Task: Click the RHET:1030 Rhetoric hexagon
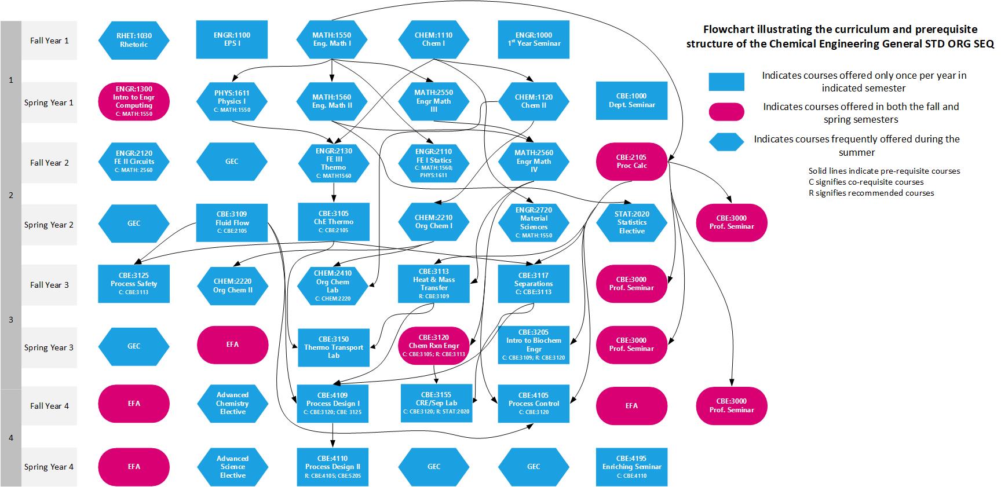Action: [x=134, y=40]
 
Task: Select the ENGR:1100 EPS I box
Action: [x=232, y=39]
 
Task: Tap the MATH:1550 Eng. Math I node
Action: [x=331, y=39]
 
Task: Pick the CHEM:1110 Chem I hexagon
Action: [x=433, y=39]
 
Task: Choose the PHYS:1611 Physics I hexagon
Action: [x=232, y=101]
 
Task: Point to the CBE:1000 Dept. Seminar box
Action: [x=631, y=101]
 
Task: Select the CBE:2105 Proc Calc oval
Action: [x=631, y=162]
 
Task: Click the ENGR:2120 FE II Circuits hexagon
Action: [x=134, y=162]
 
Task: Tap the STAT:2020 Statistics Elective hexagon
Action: [x=631, y=222]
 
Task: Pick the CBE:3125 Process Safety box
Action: [x=134, y=284]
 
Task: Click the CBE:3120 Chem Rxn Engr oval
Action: [x=434, y=346]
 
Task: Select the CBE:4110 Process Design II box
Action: [x=333, y=466]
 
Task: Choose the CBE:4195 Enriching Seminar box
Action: [x=631, y=466]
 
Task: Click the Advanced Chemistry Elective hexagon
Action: [x=232, y=403]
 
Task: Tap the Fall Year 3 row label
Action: [x=49, y=285]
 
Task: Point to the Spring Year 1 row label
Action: [x=49, y=102]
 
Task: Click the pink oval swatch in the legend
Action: [x=726, y=112]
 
